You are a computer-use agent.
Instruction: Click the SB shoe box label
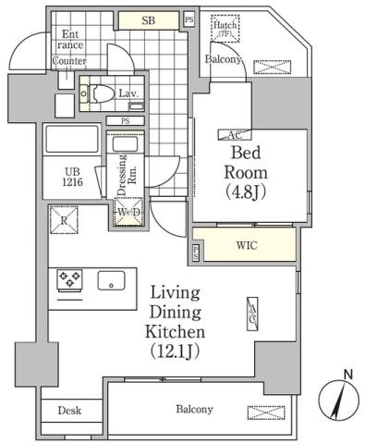pyautogui.click(x=148, y=18)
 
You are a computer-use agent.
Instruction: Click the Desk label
pyautogui.click(x=70, y=411)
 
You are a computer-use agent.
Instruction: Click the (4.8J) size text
pyautogui.click(x=248, y=192)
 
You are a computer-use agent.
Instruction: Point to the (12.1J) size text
pyautogui.click(x=175, y=351)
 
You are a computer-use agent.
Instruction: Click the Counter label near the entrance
pyautogui.click(x=69, y=61)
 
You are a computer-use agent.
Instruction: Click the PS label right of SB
pyautogui.click(x=189, y=19)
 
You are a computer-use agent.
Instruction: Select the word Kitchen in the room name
pyautogui.click(x=175, y=330)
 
